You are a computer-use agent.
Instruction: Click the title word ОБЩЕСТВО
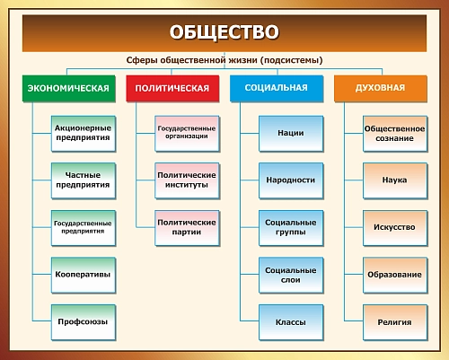pos(224,33)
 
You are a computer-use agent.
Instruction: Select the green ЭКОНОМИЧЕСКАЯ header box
pos(69,88)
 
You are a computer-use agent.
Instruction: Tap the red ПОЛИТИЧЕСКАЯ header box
pos(174,88)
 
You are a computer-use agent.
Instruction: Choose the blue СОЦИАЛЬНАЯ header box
pos(277,88)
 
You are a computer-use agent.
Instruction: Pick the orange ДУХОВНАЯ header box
pos(382,88)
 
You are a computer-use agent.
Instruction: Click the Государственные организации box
pos(187,133)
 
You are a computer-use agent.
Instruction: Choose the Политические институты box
pos(187,180)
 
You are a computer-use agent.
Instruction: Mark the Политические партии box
pos(187,226)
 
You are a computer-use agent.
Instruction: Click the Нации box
pos(291,133)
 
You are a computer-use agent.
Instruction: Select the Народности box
pos(291,180)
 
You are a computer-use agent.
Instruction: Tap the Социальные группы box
pos(291,226)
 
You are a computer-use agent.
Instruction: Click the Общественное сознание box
pos(395,133)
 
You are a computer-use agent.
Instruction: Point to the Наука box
pos(395,180)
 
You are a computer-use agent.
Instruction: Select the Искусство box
pos(395,226)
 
